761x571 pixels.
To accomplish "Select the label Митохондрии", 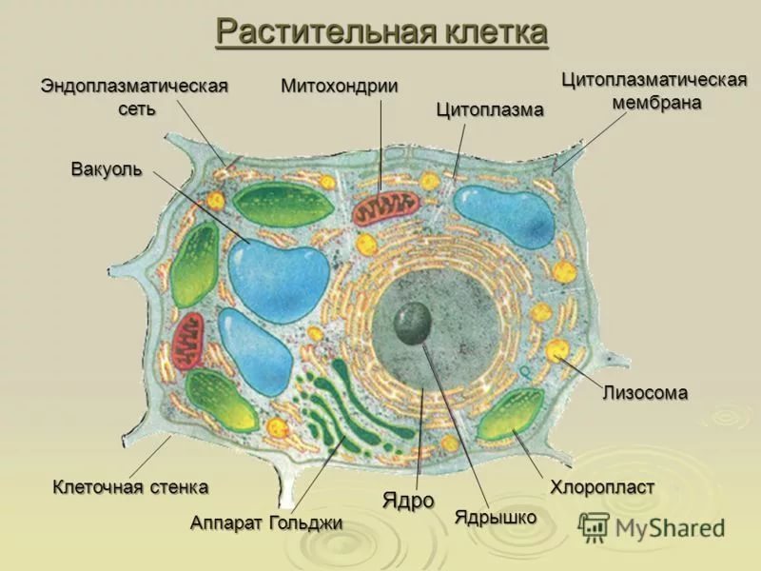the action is [340, 86].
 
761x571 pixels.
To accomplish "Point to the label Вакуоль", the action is [107, 169].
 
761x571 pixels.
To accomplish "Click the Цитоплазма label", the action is [490, 109].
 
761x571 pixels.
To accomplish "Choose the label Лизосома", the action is [645, 392].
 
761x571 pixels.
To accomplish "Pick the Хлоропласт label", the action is [602, 486].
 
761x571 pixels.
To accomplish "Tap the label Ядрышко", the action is [496, 517].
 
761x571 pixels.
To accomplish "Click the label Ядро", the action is [408, 501].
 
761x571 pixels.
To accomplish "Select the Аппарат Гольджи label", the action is [266, 522].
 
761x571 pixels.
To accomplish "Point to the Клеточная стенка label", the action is [130, 486].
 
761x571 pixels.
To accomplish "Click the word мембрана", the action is [656, 103].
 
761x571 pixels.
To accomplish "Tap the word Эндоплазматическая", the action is [134, 86].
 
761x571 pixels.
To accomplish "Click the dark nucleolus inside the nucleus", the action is [413, 323].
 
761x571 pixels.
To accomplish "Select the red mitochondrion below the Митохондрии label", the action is [386, 207].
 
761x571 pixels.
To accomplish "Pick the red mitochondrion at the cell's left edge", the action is [187, 342].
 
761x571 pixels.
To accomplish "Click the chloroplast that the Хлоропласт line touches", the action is [510, 414].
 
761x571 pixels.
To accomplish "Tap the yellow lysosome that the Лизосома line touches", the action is [557, 350].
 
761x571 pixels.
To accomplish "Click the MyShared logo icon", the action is [593, 527].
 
